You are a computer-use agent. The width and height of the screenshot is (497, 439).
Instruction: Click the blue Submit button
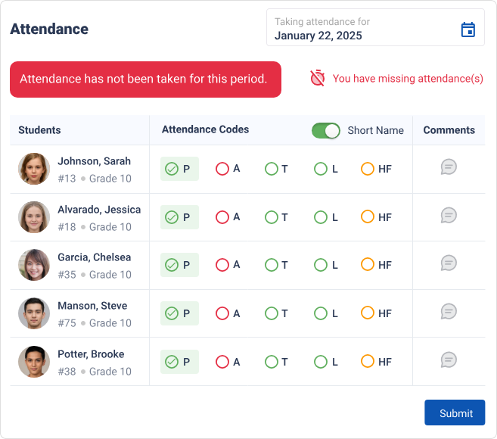(x=454, y=413)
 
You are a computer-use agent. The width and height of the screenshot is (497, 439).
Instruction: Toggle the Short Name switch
(x=326, y=130)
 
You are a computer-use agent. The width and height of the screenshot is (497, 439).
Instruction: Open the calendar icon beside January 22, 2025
(x=468, y=30)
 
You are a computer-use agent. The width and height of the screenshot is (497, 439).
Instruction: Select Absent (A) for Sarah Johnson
(x=222, y=169)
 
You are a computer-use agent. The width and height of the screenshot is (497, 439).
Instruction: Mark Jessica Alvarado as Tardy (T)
(x=272, y=217)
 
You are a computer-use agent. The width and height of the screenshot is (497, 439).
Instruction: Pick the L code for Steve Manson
(x=321, y=313)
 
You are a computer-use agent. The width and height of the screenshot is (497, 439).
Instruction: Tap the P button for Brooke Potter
(x=179, y=362)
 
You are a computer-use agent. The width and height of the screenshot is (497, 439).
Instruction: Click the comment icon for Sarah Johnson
(x=449, y=167)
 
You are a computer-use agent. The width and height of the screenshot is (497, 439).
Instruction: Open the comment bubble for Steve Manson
(x=449, y=311)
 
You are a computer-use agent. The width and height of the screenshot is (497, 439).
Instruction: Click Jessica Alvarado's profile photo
(x=34, y=217)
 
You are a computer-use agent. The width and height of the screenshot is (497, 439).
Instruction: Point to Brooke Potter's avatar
(x=34, y=362)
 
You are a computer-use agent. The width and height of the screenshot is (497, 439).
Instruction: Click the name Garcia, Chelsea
(x=94, y=257)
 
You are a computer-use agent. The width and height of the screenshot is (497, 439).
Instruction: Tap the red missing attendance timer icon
(x=318, y=78)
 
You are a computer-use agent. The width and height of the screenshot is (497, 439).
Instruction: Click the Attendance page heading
(x=49, y=30)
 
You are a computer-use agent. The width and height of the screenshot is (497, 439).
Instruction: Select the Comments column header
(x=449, y=130)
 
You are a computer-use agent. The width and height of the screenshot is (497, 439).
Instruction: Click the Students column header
(x=39, y=130)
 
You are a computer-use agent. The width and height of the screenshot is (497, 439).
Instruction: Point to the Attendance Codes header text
(x=205, y=129)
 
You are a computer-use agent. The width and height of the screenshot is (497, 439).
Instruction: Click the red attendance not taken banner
(x=145, y=79)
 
